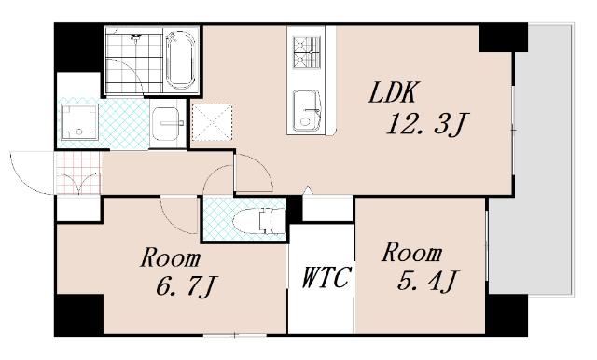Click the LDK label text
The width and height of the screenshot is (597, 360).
coord(394,92)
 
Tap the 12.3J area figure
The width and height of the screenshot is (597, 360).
coord(427,124)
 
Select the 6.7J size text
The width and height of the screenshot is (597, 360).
coord(187,286)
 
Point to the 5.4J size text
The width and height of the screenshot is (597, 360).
coord(428,281)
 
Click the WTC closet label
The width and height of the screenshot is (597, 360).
coord(326,277)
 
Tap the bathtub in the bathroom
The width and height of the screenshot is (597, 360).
coord(181,60)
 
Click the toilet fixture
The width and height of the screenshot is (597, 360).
coord(259,220)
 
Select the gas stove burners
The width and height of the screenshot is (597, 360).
coord(307,51)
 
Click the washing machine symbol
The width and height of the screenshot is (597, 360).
coord(79,122)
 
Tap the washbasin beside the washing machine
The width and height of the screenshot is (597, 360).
coord(166,123)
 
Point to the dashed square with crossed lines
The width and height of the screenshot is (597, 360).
coord(212,122)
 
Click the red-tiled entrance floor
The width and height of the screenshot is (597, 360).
coord(78,173)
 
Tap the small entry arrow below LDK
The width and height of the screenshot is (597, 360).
coord(308,190)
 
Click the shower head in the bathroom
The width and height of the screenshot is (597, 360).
coord(135,37)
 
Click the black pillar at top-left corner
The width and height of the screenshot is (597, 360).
coord(78,47)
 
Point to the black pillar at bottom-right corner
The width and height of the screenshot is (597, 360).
coord(506,314)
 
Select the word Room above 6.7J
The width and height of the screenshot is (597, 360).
coord(171,257)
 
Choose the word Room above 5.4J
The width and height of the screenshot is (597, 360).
coord(412,253)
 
